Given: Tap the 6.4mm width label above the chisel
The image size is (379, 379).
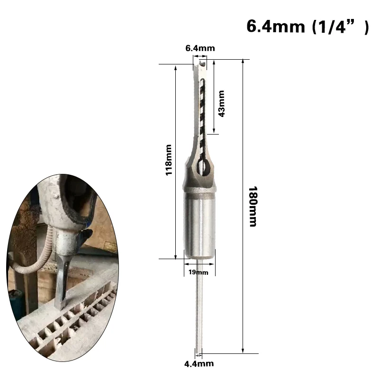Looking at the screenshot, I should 200,48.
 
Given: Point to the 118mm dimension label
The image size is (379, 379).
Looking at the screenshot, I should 168,160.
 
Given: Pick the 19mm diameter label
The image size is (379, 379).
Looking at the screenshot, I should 199,272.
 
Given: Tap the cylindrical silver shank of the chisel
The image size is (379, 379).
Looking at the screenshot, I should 199,223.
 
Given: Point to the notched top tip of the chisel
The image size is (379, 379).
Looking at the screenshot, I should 199,62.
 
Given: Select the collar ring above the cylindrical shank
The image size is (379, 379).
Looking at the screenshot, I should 199,190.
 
